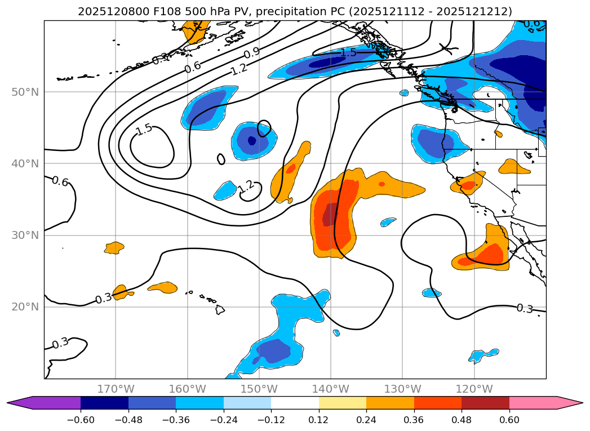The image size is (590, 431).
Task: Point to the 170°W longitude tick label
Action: coord(116,389)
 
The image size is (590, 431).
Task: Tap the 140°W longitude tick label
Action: coord(331,389)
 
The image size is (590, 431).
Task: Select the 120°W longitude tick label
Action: coord(474,389)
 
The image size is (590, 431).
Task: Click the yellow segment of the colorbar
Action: coord(343,402)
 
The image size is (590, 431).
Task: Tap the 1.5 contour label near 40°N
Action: coord(144,129)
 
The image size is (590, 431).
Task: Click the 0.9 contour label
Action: coord(252,54)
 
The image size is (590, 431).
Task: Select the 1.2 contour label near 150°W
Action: coord(246,186)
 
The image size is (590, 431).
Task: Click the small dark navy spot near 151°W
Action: coord(252,141)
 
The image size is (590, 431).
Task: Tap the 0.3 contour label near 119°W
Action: coord(525,308)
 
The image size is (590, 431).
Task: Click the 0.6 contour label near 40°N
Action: coord(60,181)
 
